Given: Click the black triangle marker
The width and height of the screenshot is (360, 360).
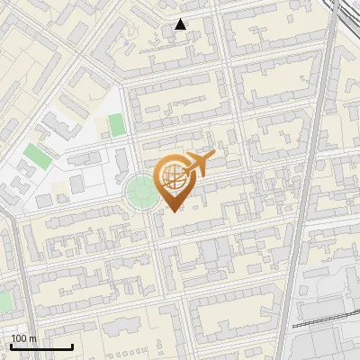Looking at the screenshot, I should pyautogui.click(x=181, y=24).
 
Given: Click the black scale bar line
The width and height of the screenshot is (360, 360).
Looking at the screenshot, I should pyautogui.click(x=41, y=346).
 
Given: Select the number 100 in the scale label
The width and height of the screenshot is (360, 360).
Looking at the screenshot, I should pyautogui.click(x=20, y=338).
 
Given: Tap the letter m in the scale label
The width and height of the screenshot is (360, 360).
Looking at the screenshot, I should pyautogui.click(x=33, y=338).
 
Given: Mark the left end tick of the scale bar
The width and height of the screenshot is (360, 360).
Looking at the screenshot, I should pyautogui.click(x=11, y=346).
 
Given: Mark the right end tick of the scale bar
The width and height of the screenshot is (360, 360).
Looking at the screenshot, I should pyautogui.click(x=72, y=346).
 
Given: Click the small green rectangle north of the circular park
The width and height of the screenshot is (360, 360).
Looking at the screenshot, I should pyautogui.click(x=116, y=124).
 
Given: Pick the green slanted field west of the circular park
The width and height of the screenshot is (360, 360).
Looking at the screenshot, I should pyautogui.click(x=37, y=155).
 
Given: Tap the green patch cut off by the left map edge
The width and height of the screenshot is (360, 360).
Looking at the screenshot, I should pyautogui.click(x=3, y=301).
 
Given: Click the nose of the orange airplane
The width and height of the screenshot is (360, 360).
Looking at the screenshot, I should pyautogui.click(x=214, y=156).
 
